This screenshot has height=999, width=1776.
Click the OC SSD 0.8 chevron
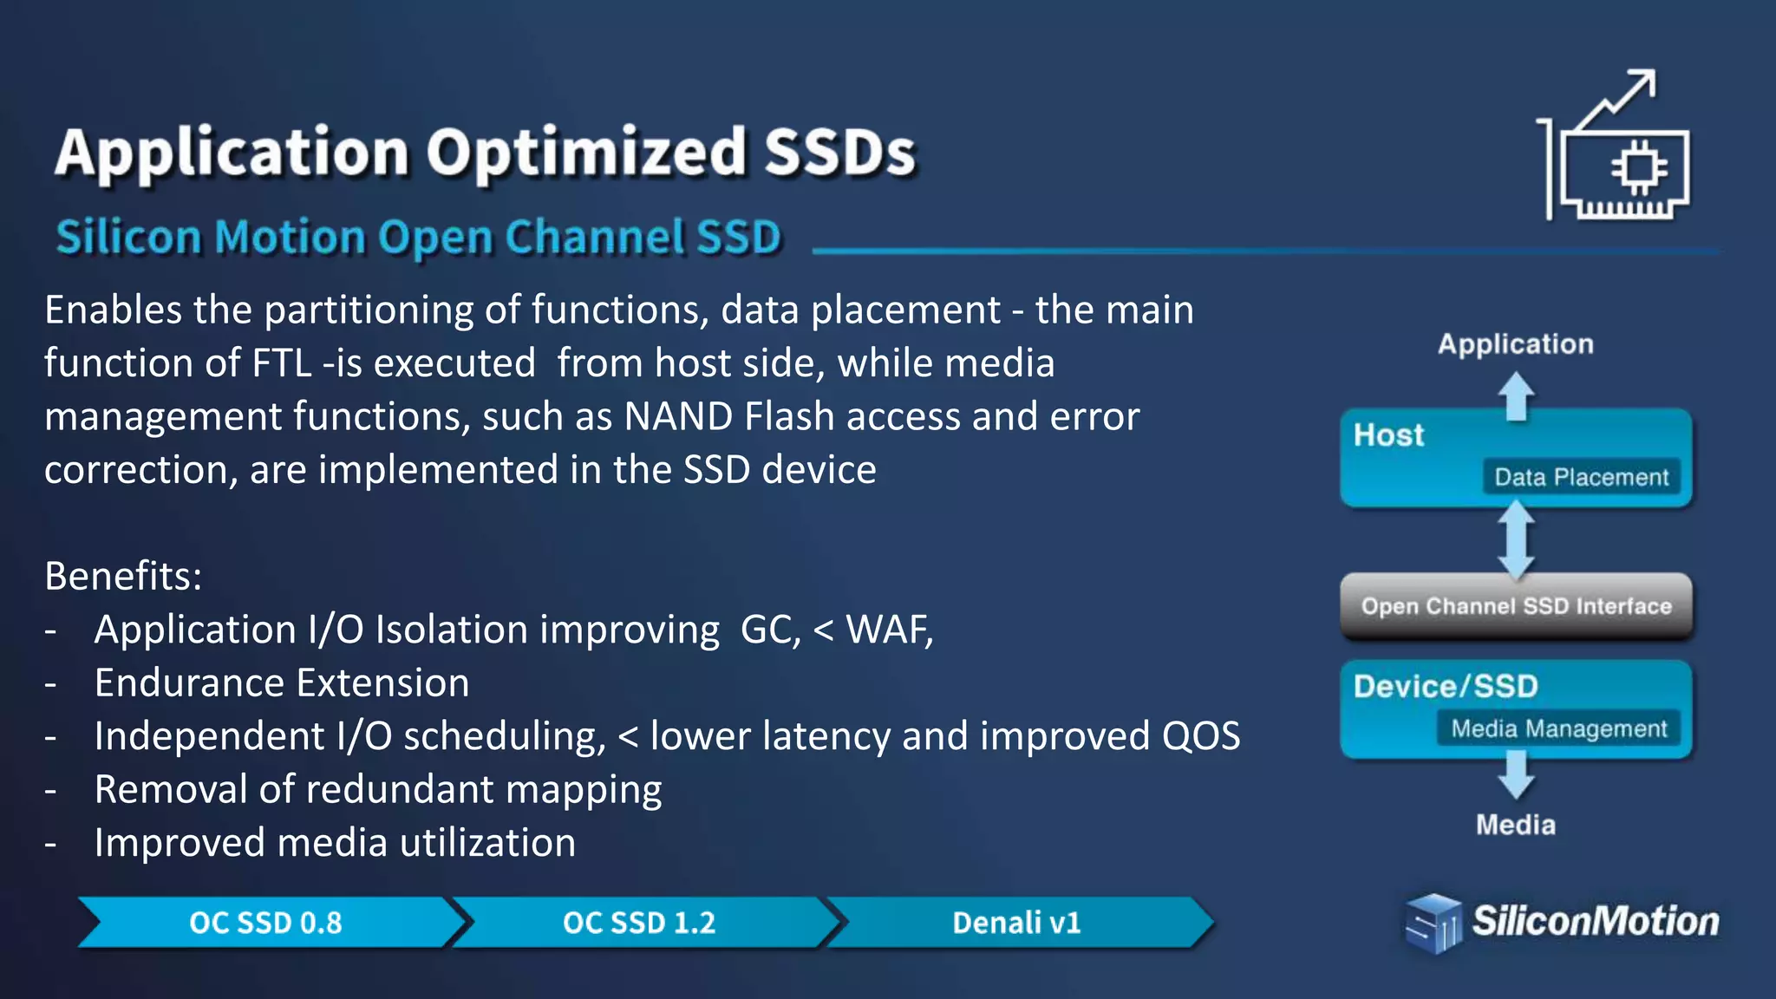[266, 923]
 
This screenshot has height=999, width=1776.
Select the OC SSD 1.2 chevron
[639, 923]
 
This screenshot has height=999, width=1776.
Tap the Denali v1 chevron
[1016, 923]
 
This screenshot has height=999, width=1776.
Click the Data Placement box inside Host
[1581, 477]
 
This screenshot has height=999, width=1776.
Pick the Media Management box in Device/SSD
[1558, 728]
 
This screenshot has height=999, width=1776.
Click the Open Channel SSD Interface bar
[1516, 606]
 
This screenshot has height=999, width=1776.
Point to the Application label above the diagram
[1515, 344]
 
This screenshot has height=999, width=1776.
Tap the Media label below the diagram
[1515, 825]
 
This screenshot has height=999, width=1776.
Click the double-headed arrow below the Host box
[1516, 540]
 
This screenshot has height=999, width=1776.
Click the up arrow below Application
[1516, 396]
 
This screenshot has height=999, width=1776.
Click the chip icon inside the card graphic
[1638, 166]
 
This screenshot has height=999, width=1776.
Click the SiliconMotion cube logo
[1432, 924]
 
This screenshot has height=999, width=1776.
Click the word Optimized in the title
[586, 153]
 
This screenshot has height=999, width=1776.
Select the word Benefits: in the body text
[123, 576]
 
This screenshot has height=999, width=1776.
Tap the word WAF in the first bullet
[885, 630]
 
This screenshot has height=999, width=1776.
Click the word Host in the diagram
[1388, 435]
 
